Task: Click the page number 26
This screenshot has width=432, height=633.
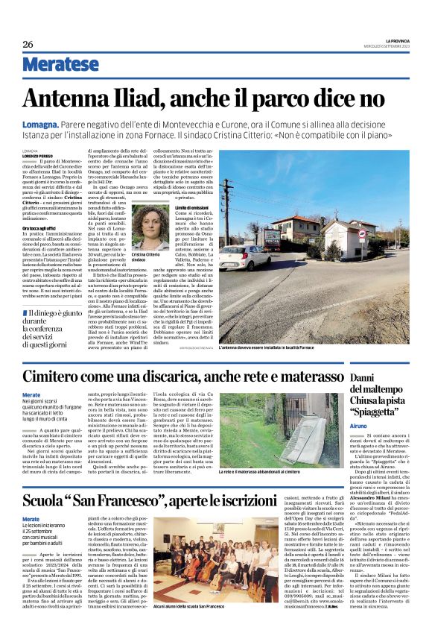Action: [28, 44]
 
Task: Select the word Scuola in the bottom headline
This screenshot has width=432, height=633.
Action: [51, 500]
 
